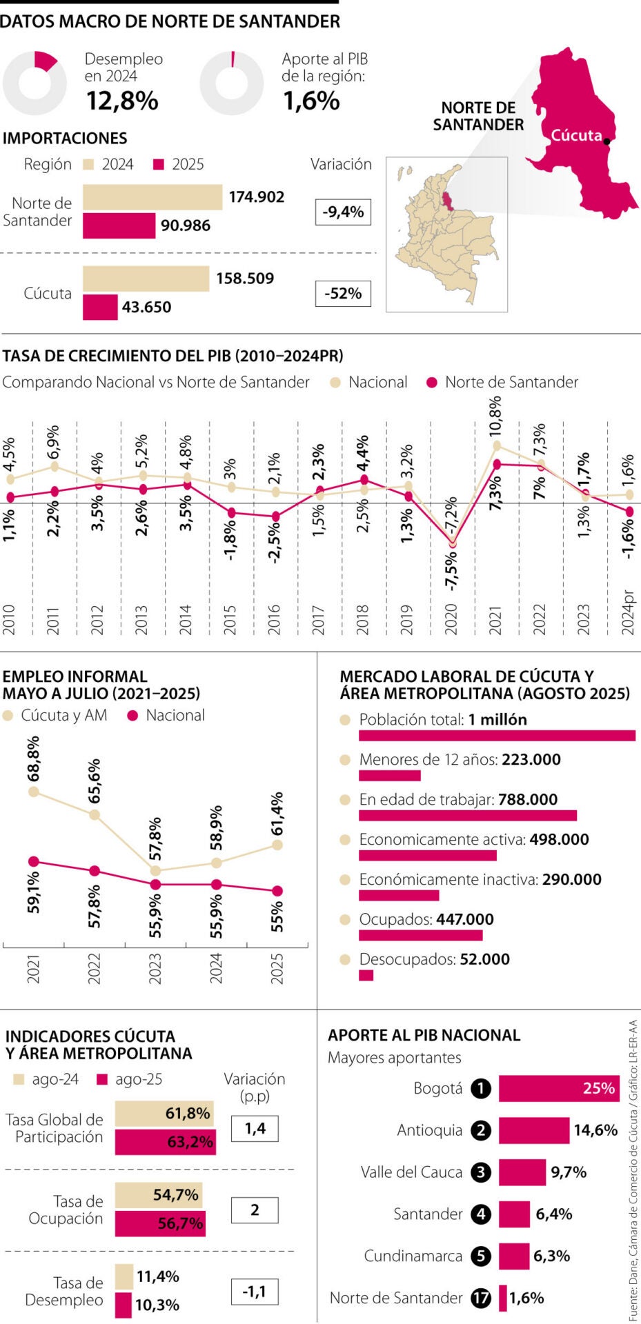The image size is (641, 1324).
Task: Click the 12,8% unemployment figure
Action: click(x=122, y=101)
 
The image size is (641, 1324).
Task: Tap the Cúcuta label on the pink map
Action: click(x=576, y=135)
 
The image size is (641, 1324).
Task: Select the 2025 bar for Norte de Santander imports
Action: click(x=119, y=225)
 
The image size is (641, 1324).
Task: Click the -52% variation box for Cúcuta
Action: click(x=343, y=294)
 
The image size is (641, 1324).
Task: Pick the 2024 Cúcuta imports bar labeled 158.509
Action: click(x=146, y=279)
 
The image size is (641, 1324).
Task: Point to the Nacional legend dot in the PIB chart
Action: click(x=336, y=383)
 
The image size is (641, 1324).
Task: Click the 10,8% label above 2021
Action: click(x=495, y=416)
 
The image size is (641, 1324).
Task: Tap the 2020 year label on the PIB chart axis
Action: click(x=451, y=619)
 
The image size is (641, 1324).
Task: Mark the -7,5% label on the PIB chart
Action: click(x=451, y=570)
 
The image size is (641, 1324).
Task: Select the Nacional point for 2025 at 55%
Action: click(x=277, y=891)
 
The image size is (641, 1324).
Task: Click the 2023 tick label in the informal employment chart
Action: click(x=155, y=968)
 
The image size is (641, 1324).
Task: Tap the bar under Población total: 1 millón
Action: click(x=497, y=736)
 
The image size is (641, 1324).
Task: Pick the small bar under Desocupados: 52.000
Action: click(x=366, y=975)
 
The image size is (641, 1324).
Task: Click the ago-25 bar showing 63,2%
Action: click(x=165, y=1141)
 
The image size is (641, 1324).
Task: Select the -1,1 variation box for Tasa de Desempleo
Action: click(x=255, y=1292)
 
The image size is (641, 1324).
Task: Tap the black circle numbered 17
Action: click(x=480, y=1298)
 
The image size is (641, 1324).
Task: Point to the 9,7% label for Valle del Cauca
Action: click(x=569, y=1172)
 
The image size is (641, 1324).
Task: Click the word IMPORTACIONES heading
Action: click(x=65, y=138)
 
